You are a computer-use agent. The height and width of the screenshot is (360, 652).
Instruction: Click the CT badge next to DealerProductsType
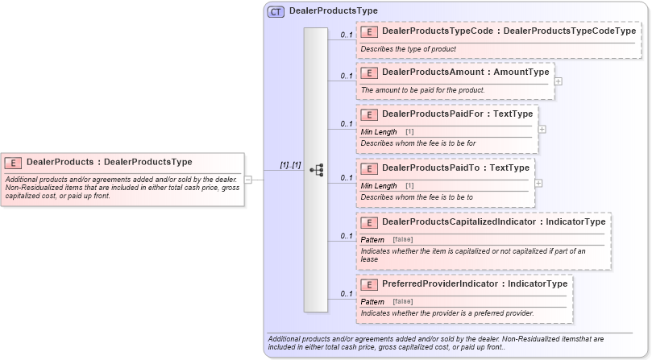click(x=276, y=11)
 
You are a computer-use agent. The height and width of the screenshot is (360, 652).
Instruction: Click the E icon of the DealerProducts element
click(x=15, y=162)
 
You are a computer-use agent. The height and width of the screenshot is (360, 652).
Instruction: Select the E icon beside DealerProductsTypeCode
click(x=370, y=31)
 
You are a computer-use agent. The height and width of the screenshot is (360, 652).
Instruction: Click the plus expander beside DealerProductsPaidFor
click(x=542, y=129)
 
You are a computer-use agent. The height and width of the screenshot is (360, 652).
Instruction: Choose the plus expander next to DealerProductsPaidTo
click(x=538, y=183)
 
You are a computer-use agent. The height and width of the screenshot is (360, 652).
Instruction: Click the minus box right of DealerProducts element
click(x=248, y=180)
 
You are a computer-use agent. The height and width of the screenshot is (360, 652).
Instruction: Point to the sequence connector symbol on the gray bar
click(x=316, y=170)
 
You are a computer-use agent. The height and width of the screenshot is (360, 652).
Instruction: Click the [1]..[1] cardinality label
click(x=290, y=165)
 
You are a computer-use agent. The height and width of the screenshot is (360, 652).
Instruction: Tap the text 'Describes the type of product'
click(x=408, y=49)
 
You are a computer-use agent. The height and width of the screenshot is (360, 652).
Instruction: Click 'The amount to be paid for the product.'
click(x=422, y=89)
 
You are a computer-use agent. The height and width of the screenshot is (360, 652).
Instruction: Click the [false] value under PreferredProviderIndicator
click(x=403, y=301)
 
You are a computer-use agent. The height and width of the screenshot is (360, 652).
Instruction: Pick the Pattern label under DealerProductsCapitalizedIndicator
click(x=372, y=240)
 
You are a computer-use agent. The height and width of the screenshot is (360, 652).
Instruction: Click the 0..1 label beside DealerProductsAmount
click(x=347, y=76)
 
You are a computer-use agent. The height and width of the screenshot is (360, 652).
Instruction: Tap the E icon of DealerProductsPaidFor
click(x=370, y=114)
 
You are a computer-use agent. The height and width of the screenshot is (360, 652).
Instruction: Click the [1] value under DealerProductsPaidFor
click(x=409, y=131)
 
